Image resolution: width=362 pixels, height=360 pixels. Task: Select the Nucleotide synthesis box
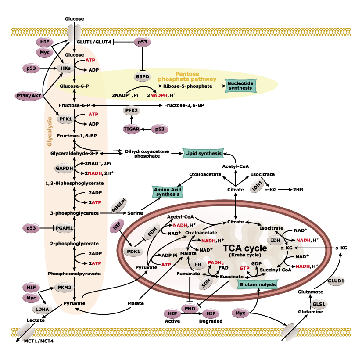[241, 86]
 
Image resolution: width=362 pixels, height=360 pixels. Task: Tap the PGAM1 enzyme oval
[64, 228]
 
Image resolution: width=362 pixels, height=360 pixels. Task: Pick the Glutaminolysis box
[257, 284]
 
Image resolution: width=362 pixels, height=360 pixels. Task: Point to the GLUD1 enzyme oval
[336, 280]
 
